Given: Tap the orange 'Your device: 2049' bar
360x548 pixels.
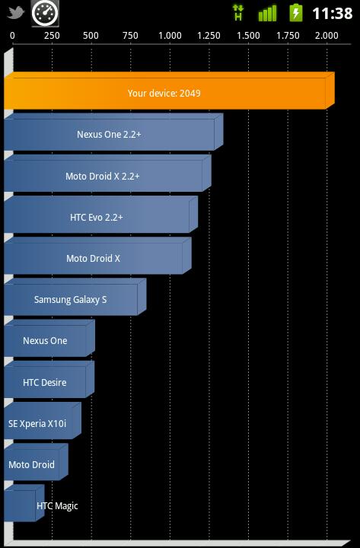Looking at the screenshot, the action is tap(169, 91).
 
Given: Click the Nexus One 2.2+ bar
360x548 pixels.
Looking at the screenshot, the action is tap(113, 132).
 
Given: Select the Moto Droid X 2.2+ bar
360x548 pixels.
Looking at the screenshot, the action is tap(107, 173).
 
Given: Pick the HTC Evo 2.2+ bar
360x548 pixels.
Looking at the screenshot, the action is tap(101, 214).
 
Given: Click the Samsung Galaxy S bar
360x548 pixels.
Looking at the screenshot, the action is tap(75, 297).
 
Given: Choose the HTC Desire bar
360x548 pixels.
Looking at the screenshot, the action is tap(49, 379).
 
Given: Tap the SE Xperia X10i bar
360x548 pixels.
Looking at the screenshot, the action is tap(43, 420).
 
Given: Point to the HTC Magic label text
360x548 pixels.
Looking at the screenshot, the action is tap(57, 505).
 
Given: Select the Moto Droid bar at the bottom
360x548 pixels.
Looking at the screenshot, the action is tap(36, 462).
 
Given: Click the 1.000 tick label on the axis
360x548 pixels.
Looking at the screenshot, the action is tap(170, 36).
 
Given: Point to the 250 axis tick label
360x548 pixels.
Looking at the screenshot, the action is tap(52, 36).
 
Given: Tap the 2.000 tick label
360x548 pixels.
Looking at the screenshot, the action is tap(327, 36).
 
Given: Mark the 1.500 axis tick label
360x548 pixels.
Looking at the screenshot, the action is tap(248, 36).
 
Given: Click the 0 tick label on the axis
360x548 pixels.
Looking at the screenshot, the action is tap(13, 36).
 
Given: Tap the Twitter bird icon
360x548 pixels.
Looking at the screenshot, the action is tap(16, 13).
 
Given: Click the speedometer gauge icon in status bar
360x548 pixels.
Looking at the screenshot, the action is tap(45, 14).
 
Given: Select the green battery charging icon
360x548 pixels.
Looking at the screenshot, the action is tap(296, 13).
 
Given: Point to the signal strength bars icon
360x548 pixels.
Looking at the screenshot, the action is tap(267, 13).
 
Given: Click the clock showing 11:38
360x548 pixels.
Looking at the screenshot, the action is tap(333, 14).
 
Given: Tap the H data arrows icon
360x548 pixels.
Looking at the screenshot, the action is tap(238, 13).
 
